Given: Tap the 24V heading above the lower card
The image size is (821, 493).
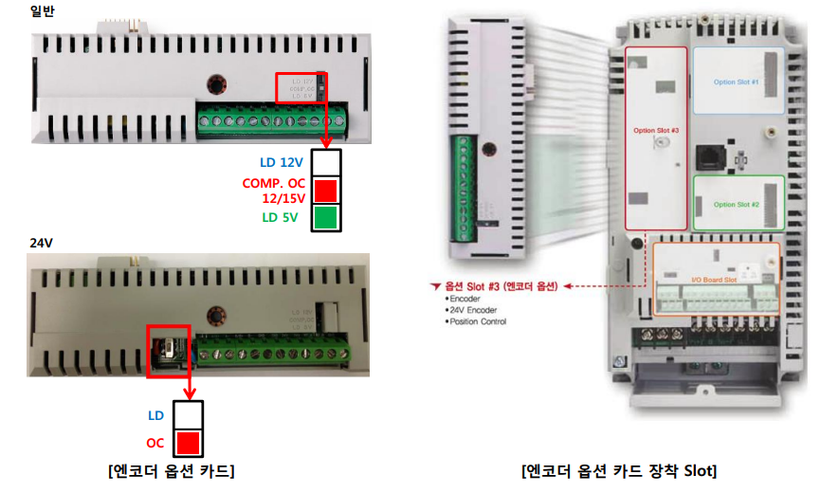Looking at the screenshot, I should tap(41, 243).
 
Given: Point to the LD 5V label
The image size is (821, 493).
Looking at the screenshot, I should tap(280, 217).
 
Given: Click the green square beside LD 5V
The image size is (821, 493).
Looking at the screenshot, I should tap(325, 218).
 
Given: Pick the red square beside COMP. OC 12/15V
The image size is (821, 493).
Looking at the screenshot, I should tap(325, 190).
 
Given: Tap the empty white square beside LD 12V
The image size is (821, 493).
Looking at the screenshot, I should tap(325, 162).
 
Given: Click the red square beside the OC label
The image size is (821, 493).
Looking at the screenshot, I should tap(189, 443).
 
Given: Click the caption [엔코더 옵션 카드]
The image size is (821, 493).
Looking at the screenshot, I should tap(171, 471).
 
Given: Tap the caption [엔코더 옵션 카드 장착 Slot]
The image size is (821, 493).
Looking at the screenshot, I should tap(619, 471).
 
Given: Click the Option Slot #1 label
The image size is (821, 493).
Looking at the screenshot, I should tap(736, 82).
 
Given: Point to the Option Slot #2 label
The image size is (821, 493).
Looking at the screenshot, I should tap(736, 205).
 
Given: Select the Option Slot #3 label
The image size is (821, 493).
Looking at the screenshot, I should tap(656, 130).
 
